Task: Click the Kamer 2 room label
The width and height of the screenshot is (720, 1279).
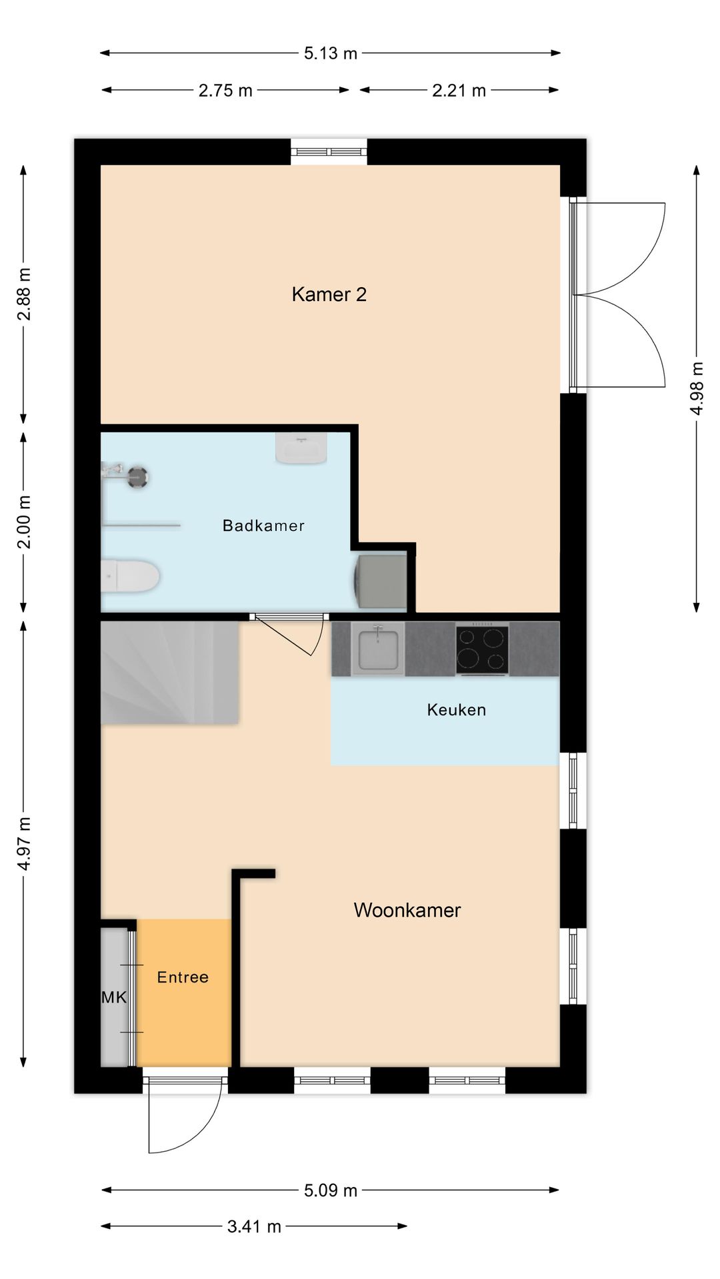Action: pos(329,294)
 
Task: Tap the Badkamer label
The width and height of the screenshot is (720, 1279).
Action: pos(263,526)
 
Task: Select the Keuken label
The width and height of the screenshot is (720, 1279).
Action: pos(456,709)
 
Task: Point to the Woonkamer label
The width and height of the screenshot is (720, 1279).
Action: pos(407,910)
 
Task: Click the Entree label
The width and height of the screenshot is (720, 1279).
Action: pos(183,977)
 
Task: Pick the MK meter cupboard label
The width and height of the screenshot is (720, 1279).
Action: pos(114,997)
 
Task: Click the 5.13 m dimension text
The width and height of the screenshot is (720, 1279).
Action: pos(331,53)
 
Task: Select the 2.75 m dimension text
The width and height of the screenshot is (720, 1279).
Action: pos(225,91)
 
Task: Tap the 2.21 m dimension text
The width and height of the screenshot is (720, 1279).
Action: pos(459,91)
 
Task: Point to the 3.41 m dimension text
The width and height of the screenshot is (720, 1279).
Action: pos(254,1226)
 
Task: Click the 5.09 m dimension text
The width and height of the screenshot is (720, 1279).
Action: pos(331,1190)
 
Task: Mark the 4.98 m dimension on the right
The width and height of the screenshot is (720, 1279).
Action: pos(697,388)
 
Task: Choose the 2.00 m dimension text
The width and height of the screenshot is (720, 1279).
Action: pos(24,522)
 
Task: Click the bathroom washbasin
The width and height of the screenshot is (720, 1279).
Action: pos(301,448)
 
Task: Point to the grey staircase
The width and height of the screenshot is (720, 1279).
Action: pos(169,672)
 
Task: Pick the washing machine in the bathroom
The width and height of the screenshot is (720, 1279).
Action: pos(382,582)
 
